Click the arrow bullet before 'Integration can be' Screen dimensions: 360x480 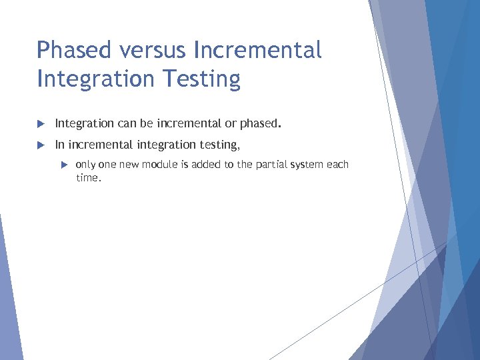click(x=41, y=124)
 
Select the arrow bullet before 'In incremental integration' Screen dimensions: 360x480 click(x=41, y=145)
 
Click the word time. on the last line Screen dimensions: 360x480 click(x=88, y=178)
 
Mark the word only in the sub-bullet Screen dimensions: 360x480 click(x=86, y=165)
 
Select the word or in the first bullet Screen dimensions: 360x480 click(x=231, y=124)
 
